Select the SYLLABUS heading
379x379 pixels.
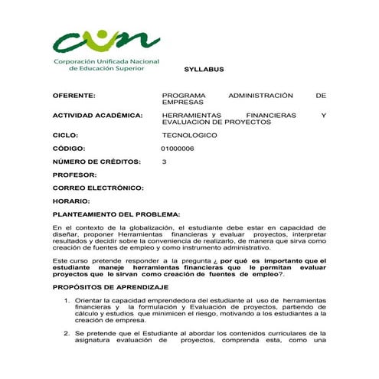tap(204, 69)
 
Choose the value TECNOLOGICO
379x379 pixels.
tap(189, 135)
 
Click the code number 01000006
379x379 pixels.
tap(178, 149)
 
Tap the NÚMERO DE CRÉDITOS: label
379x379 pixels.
tap(97, 162)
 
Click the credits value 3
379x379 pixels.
tap(165, 162)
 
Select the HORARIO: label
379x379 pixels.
tap(72, 201)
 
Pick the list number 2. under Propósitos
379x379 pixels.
tap(67, 334)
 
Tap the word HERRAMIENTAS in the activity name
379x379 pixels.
tap(191, 116)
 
